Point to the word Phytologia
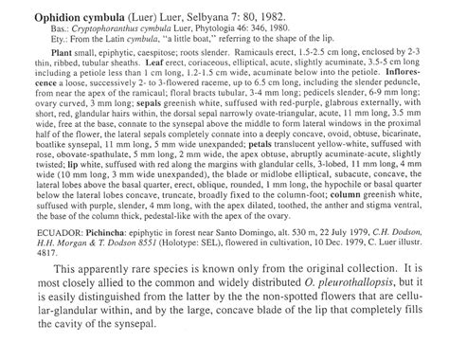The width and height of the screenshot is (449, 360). [x=201, y=30]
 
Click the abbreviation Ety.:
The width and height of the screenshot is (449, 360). [x=37, y=41]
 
